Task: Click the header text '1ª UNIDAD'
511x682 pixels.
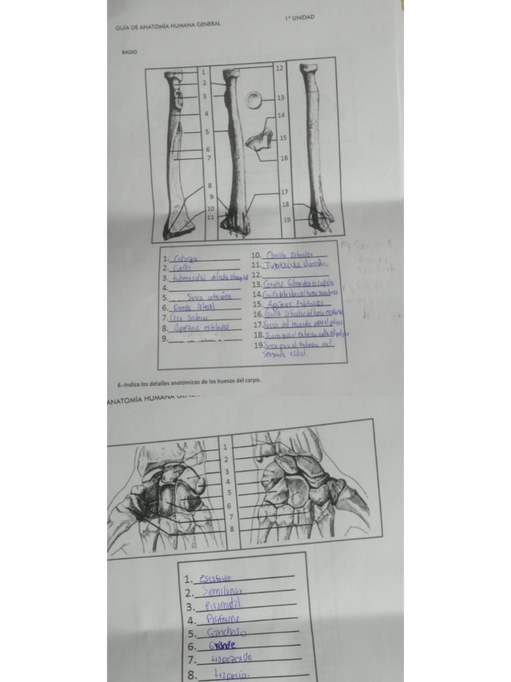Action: pos(297,17)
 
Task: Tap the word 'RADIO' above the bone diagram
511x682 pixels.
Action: pos(130,51)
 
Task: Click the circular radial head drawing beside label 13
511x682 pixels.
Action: pos(254,100)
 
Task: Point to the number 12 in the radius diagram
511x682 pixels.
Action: pos(279,69)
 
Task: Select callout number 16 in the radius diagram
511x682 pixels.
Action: pos(284,159)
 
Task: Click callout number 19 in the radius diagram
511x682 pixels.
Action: pos(287,219)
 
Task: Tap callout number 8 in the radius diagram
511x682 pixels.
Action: pos(210,186)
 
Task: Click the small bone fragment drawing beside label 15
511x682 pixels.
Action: pos(259,139)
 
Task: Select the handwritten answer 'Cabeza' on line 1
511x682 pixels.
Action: pos(182,259)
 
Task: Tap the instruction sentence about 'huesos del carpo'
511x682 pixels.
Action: pos(189,381)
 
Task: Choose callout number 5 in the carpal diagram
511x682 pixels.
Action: pos(229,493)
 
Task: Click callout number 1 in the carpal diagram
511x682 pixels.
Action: pos(226,447)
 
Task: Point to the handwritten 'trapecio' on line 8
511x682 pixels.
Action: pos(231,675)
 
